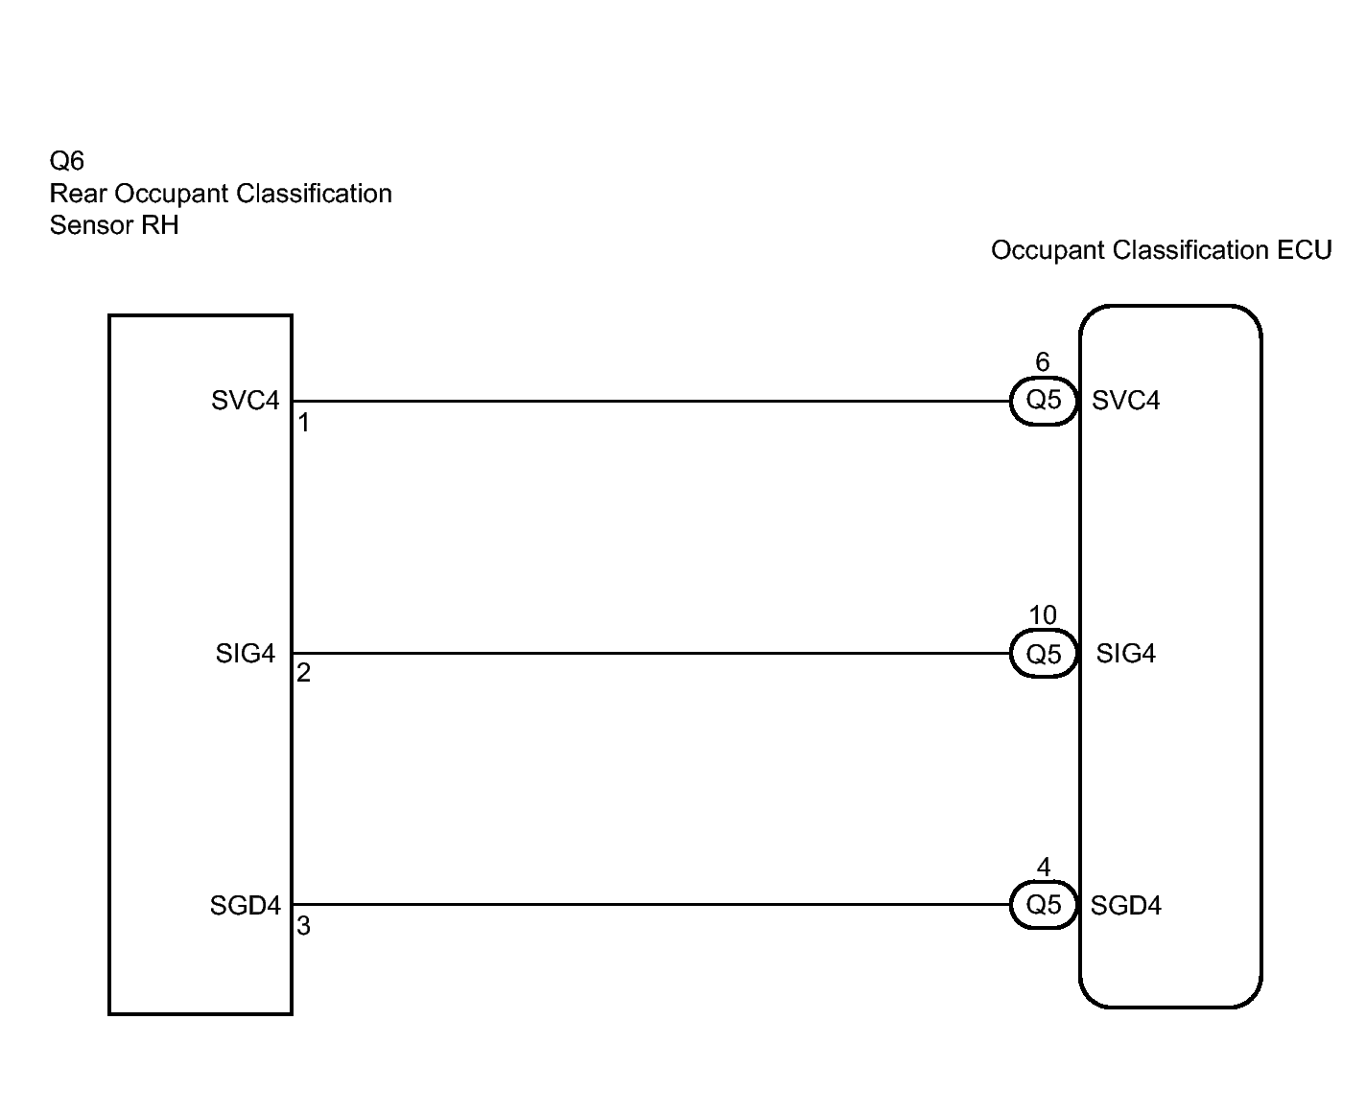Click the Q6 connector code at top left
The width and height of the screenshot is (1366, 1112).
[66, 161]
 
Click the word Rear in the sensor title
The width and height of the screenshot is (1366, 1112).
[79, 194]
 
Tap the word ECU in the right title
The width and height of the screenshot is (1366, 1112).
[1305, 250]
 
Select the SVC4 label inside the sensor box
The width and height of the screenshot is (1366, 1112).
[246, 401]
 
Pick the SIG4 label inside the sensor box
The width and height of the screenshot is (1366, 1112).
[246, 654]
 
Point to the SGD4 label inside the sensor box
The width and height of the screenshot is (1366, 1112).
[246, 906]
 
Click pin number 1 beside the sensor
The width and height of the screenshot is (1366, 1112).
[304, 423]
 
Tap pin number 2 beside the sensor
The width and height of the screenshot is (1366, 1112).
[304, 674]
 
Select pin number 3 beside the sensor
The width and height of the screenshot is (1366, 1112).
[304, 927]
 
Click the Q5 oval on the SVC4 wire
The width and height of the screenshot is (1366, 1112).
[1044, 401]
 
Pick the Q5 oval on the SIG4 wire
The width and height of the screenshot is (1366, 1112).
[1044, 654]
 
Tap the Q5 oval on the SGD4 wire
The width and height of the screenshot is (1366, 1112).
[1044, 905]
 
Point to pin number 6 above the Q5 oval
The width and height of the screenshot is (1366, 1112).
[1043, 362]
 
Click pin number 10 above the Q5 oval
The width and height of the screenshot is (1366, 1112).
[1043, 615]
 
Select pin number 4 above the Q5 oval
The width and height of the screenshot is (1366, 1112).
[1044, 868]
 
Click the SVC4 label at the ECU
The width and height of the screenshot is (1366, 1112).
[1126, 401]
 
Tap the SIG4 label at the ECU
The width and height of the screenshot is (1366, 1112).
[1126, 654]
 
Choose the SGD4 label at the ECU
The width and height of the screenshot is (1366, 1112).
[1126, 906]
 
